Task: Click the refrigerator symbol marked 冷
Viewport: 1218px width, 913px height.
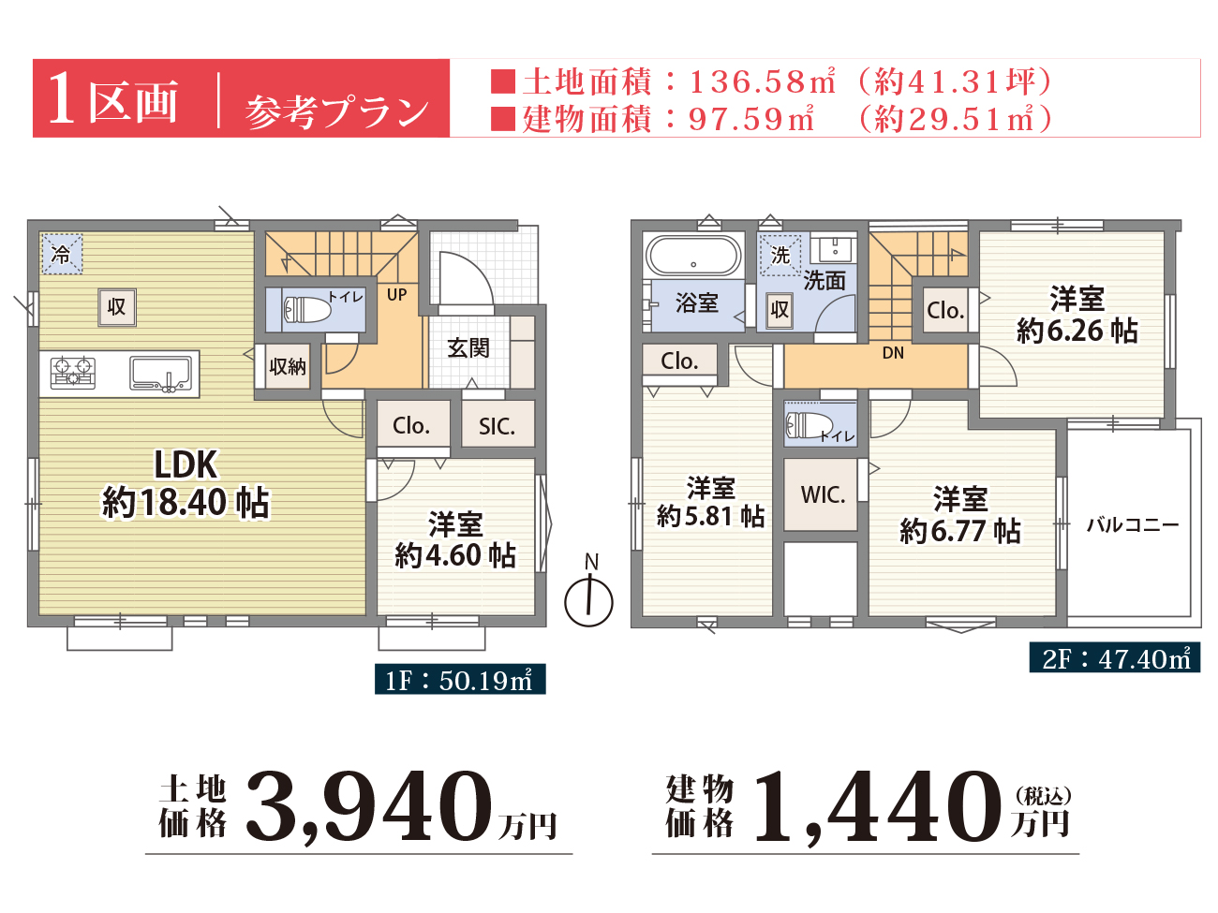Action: [62, 254]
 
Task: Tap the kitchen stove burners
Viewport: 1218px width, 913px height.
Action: [73, 373]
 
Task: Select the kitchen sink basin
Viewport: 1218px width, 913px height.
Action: [160, 373]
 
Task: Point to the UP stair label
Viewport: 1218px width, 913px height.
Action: [396, 294]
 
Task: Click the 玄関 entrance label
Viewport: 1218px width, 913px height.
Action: [468, 348]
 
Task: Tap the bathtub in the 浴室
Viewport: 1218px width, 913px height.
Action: [693, 256]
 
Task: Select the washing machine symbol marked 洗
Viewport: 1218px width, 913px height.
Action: [780, 255]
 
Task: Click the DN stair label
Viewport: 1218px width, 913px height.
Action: [893, 353]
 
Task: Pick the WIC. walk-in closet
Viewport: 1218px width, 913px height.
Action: [821, 493]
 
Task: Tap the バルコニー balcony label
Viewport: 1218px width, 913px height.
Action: [1133, 524]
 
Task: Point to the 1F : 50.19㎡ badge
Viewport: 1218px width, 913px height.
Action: [460, 679]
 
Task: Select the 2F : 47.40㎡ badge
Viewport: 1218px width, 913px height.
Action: [1114, 657]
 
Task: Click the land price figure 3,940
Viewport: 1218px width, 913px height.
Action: [369, 807]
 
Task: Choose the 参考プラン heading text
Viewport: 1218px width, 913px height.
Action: [336, 112]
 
